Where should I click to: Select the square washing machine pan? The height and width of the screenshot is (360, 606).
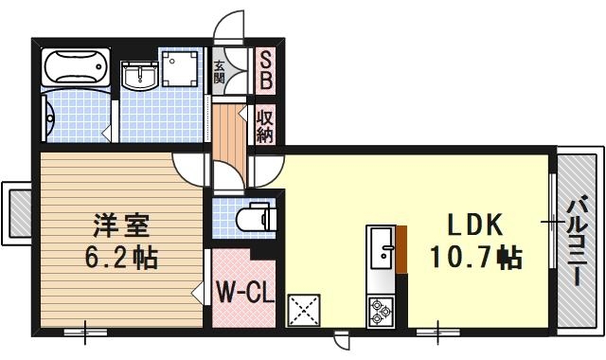click(180, 68)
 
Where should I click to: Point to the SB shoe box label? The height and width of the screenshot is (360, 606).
click(265, 70)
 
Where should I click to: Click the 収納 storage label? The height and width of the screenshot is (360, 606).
click(265, 126)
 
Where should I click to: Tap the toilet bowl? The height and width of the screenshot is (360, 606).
click(254, 218)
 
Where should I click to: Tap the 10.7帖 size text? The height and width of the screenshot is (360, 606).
click(476, 256)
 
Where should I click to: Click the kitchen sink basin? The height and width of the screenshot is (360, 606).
click(383, 250)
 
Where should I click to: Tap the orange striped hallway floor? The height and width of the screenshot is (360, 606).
click(227, 133)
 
